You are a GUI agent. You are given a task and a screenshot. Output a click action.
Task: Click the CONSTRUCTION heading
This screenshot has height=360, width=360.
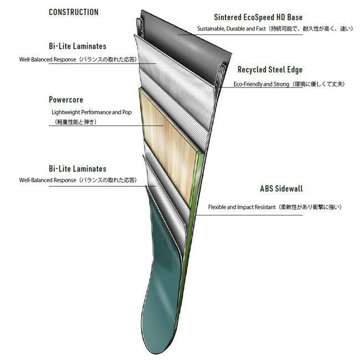(74, 12)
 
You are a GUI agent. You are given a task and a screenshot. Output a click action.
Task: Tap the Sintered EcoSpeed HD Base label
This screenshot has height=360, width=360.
(258, 18)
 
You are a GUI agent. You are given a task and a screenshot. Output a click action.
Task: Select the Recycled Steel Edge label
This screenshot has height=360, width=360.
(270, 70)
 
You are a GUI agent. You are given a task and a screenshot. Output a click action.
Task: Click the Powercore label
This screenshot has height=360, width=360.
(66, 100)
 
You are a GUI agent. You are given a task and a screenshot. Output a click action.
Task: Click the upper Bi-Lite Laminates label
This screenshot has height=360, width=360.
(78, 46)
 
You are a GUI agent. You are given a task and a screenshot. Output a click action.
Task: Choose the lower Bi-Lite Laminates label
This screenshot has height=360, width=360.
(78, 168)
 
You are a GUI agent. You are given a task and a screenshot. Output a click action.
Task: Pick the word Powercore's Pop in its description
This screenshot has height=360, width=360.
(133, 112)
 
